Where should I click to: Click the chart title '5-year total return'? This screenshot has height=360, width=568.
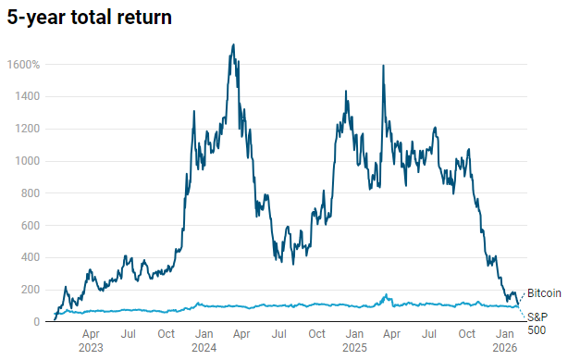[90, 18]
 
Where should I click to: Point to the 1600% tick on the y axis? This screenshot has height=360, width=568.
[23, 65]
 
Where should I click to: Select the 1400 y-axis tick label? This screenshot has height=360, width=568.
[26, 96]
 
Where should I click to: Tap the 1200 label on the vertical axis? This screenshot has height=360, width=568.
[26, 129]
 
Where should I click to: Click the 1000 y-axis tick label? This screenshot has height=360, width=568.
[26, 161]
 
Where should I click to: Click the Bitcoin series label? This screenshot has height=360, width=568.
[545, 293]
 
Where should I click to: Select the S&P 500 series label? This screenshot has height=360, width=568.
[537, 323]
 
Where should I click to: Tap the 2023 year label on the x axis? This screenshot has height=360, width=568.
[91, 349]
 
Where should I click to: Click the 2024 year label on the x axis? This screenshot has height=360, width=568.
[205, 349]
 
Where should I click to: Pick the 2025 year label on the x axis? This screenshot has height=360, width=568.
[354, 349]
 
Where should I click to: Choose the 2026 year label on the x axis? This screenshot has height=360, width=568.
[505, 349]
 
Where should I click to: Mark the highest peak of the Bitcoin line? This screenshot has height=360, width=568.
[232, 44]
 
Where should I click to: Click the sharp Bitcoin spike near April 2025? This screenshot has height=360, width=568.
[383, 66]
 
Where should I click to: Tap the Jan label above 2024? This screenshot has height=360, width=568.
[205, 334]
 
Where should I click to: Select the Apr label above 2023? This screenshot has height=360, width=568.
[91, 334]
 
